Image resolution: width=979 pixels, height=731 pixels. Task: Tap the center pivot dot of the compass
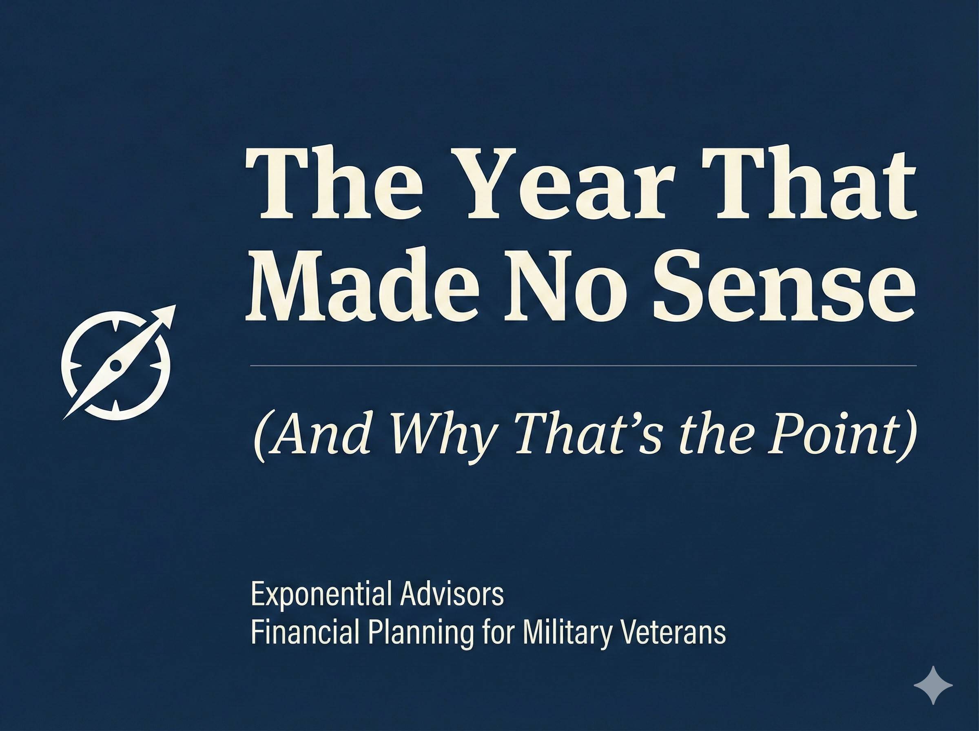[115, 365]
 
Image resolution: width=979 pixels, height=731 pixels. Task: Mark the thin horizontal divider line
[583, 366]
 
